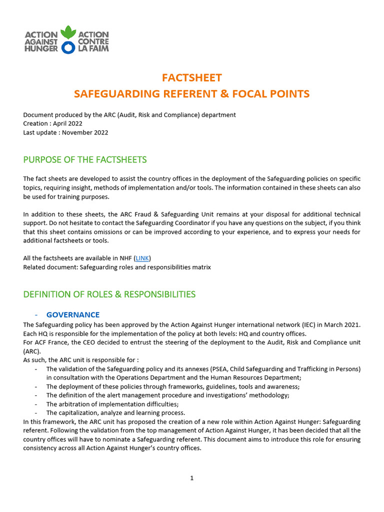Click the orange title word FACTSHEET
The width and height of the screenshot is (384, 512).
(191, 77)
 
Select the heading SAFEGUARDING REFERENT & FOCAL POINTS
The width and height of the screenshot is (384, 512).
(191, 94)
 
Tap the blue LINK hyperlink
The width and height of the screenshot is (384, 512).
(142, 258)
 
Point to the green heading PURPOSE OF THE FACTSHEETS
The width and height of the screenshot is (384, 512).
(85, 159)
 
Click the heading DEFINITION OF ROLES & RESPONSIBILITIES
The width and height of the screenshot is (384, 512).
(109, 294)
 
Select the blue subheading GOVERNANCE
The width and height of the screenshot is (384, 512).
(73, 315)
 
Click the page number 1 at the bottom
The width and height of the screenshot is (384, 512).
(191, 478)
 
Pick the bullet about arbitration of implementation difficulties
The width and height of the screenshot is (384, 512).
(112, 404)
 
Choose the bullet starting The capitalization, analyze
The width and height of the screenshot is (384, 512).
(115, 413)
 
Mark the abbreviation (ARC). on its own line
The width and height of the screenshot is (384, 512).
(32, 351)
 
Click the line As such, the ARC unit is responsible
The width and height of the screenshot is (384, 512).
(81, 360)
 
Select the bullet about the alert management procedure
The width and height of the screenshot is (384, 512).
(167, 395)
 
